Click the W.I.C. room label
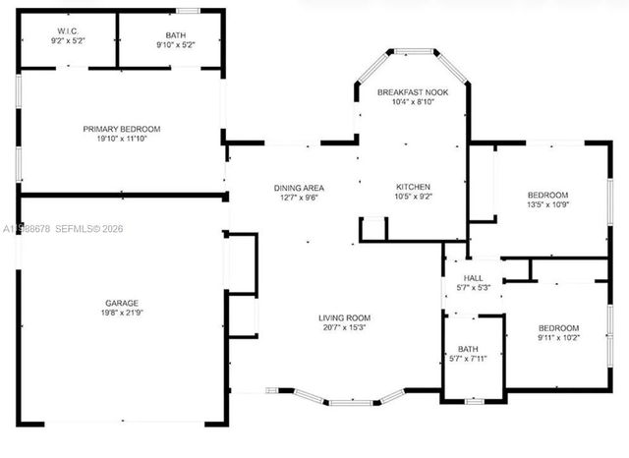pyautogui.click(x=67, y=33)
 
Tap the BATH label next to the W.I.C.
pyautogui.click(x=175, y=33)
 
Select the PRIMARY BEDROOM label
pyautogui.click(x=121, y=129)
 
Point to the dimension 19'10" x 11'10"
pyautogui.click(x=121, y=140)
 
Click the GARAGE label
pyautogui.click(x=122, y=303)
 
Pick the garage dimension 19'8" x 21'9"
pyautogui.click(x=122, y=314)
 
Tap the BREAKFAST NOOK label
pyautogui.click(x=413, y=91)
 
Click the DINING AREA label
pyautogui.click(x=299, y=188)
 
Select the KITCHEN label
pyautogui.click(x=413, y=187)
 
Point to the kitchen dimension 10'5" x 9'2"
pyautogui.click(x=413, y=198)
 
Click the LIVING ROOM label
pyautogui.click(x=343, y=317)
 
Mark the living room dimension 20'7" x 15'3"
pyautogui.click(x=343, y=328)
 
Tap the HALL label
pyautogui.click(x=473, y=278)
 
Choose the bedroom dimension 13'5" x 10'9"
pyautogui.click(x=547, y=205)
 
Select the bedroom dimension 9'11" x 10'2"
pyautogui.click(x=558, y=338)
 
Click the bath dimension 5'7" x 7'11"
pyautogui.click(x=468, y=359)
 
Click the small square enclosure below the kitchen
pyautogui.click(x=372, y=229)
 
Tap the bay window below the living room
pyautogui.click(x=349, y=399)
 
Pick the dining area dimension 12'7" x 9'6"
pyautogui.click(x=299, y=198)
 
